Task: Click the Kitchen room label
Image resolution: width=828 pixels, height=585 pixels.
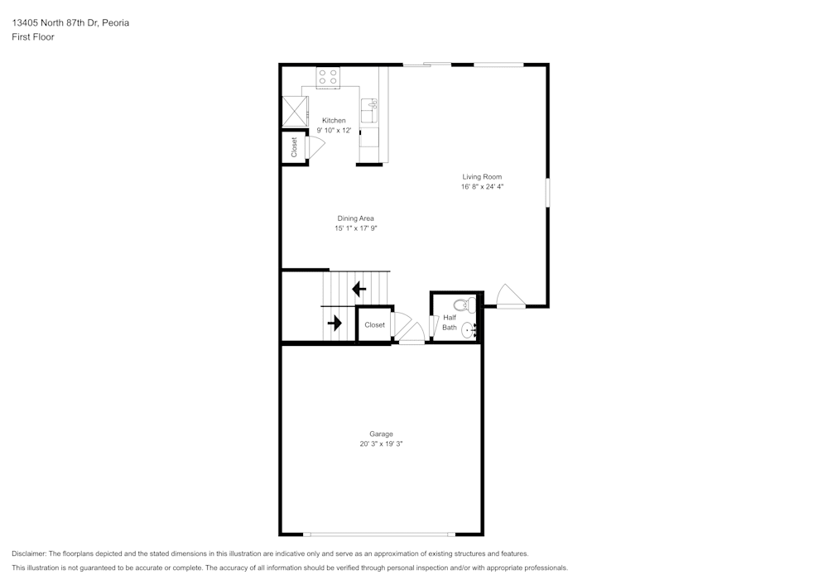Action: click(x=334, y=121)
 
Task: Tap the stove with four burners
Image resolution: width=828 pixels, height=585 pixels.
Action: click(x=328, y=78)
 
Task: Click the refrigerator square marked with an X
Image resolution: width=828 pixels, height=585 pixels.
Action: click(x=294, y=110)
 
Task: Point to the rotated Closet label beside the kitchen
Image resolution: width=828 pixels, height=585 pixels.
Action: click(x=294, y=147)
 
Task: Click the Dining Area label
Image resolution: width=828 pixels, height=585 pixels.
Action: click(x=355, y=218)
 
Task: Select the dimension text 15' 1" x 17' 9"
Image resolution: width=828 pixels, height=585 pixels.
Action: click(x=355, y=228)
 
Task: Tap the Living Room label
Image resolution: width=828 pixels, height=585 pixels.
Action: click(x=482, y=177)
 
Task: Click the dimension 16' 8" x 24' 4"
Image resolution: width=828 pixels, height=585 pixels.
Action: click(x=482, y=187)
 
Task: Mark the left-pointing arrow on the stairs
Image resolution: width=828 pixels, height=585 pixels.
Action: click(x=359, y=289)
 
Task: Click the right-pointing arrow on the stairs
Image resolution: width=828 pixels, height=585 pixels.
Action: click(x=335, y=323)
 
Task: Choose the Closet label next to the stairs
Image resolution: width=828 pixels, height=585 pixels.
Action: click(x=374, y=325)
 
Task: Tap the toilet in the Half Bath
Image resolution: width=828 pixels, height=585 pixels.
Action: click(x=469, y=304)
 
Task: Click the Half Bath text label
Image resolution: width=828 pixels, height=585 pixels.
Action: click(x=449, y=323)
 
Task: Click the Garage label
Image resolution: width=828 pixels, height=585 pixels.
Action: click(x=381, y=434)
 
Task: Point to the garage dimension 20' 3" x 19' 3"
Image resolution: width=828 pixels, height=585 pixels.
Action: click(x=381, y=444)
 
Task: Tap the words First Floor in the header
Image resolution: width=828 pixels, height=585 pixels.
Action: click(x=33, y=37)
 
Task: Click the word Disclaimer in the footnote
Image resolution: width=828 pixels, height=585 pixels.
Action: click(x=29, y=554)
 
